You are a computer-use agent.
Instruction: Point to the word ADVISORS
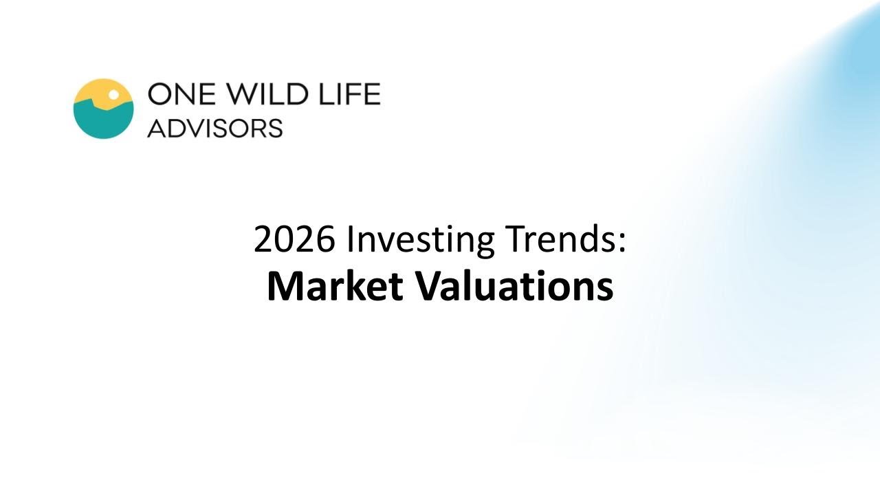coord(214,128)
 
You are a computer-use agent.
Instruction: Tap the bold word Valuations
coord(517,287)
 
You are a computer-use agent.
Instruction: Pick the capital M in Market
coord(283,287)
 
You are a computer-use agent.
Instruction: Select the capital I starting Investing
coord(349,240)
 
